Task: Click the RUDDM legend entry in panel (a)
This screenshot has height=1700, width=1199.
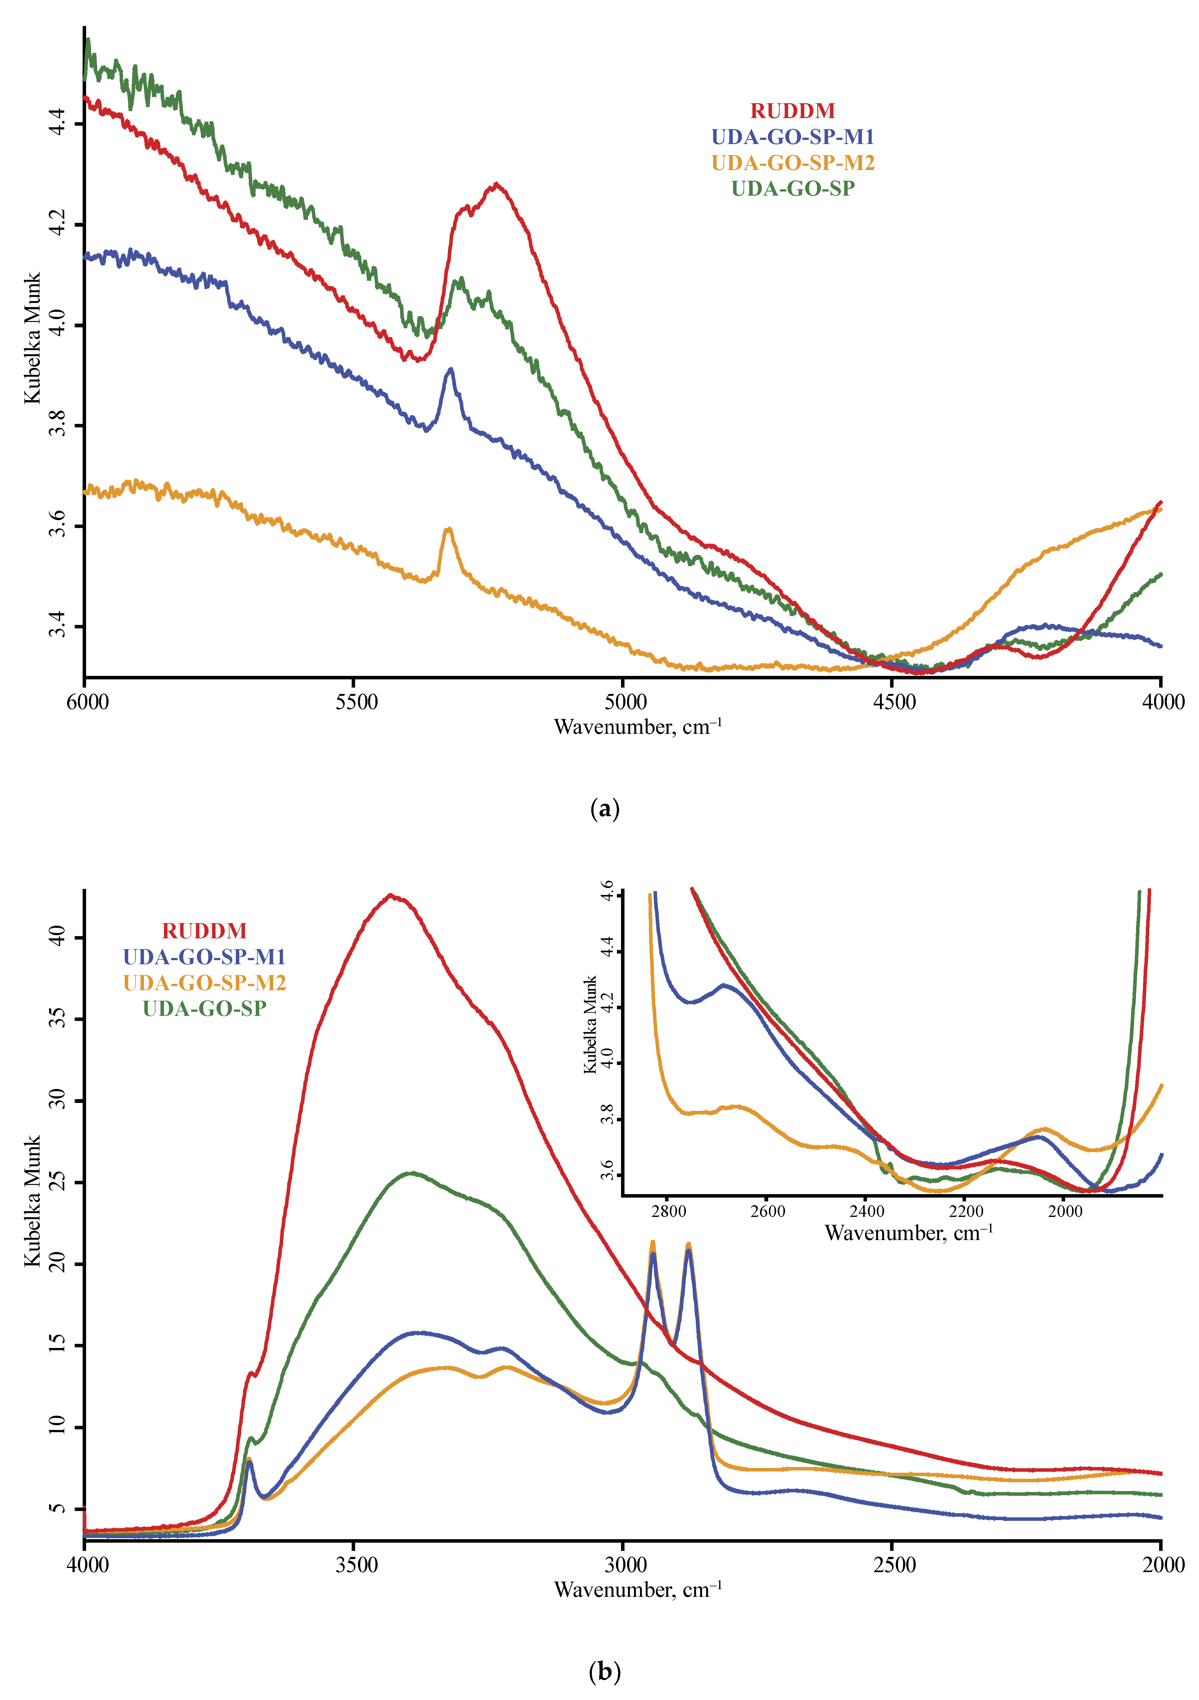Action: [793, 111]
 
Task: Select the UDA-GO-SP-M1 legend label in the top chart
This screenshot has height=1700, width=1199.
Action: [793, 137]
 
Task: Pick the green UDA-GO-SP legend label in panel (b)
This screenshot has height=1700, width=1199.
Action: [204, 1009]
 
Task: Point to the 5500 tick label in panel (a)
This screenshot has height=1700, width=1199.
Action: [356, 702]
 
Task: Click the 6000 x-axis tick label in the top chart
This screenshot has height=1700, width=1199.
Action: [87, 702]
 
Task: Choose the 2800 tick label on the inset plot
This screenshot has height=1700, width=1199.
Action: [668, 1211]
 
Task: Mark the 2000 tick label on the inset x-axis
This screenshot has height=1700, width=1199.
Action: [1065, 1211]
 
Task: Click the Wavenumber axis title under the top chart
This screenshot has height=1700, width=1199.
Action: [637, 727]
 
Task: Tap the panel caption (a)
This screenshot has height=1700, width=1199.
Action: [605, 809]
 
